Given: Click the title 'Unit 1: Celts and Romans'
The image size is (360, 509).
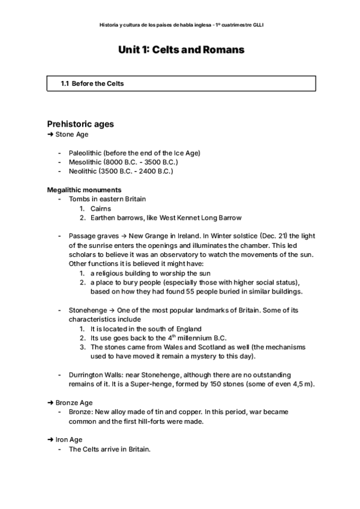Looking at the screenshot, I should pyautogui.click(x=181, y=50).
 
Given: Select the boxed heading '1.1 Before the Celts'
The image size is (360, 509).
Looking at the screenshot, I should pyautogui.click(x=92, y=83).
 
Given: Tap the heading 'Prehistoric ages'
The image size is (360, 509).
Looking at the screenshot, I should pyautogui.click(x=80, y=124).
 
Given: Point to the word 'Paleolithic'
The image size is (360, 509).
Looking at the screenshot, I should pyautogui.click(x=85, y=153).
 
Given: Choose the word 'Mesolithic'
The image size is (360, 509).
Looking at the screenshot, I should pyautogui.click(x=85, y=162).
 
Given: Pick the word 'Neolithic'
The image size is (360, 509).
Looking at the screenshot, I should pyautogui.click(x=83, y=171).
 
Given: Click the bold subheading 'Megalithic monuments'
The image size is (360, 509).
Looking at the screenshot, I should pyautogui.click(x=84, y=190).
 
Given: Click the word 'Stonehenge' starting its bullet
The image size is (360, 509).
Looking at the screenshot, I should pyautogui.click(x=88, y=310).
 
